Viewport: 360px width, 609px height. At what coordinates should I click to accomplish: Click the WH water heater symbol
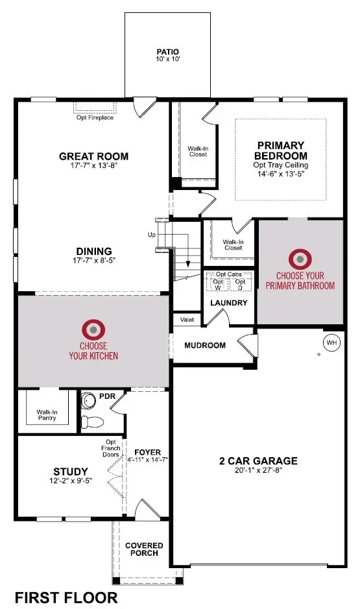331,342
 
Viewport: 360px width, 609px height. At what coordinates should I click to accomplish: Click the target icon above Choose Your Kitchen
93,329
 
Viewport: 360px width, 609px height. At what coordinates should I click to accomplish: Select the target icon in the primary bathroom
300,259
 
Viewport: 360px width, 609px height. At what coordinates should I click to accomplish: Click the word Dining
94,251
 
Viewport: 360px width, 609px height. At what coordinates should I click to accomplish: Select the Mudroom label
204,345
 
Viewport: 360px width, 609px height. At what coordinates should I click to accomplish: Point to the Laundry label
228,303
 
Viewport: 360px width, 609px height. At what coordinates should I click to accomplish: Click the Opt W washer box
218,284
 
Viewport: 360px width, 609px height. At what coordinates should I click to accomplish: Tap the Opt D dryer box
240,284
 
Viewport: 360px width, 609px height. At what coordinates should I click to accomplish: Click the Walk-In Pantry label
46,415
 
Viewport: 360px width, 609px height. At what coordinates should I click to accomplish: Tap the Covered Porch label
145,550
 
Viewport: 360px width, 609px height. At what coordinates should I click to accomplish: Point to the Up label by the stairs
151,234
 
